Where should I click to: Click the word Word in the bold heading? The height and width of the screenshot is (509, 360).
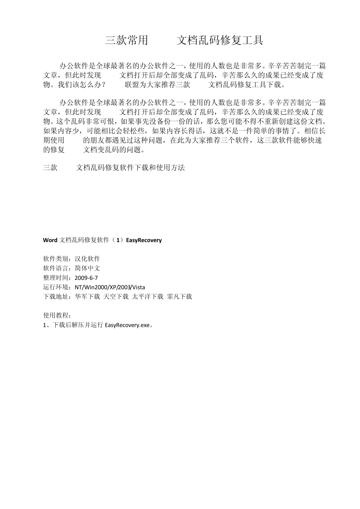(50, 240)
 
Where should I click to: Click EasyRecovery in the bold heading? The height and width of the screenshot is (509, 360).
(144, 240)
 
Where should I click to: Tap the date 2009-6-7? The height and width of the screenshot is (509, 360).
(86, 278)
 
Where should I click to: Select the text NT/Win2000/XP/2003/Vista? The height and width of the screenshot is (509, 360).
(110, 287)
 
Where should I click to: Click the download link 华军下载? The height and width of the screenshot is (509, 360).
(88, 297)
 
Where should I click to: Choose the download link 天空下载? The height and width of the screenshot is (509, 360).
(116, 297)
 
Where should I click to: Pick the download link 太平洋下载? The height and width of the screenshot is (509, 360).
(148, 297)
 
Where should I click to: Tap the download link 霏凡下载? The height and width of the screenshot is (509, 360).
(180, 297)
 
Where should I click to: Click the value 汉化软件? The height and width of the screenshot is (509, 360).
(88, 259)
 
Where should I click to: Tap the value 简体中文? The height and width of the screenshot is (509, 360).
(88, 269)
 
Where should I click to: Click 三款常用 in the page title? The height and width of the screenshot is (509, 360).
(127, 41)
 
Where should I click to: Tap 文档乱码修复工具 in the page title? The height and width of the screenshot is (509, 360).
(220, 41)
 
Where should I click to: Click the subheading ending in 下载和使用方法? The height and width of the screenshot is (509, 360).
(130, 167)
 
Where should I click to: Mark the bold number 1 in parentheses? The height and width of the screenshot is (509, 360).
(119, 240)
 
